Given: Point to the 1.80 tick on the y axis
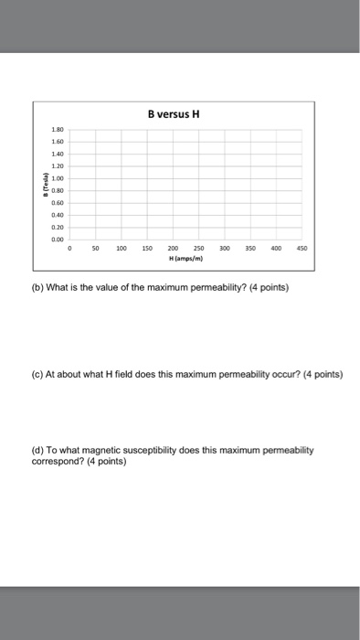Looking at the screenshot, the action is (58, 131).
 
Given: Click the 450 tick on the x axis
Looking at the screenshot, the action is (302, 247).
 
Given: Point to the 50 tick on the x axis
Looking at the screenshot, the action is (96, 247).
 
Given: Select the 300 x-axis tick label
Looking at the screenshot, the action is (225, 247).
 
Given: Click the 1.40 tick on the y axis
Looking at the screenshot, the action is (58, 154).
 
